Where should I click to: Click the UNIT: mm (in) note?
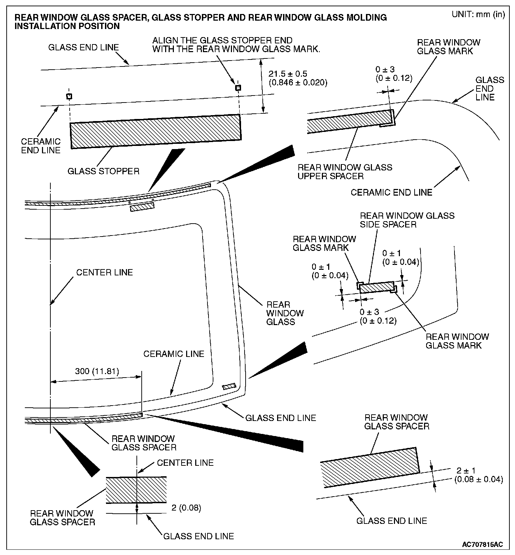click(478, 15)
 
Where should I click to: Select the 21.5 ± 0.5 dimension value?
click(288, 74)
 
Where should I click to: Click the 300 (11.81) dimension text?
click(97, 371)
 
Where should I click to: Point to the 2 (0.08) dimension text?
click(186, 508)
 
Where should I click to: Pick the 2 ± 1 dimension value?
click(466, 471)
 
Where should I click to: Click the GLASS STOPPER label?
click(103, 171)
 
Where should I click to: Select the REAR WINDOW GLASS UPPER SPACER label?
click(345, 171)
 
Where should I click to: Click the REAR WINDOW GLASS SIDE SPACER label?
click(407, 220)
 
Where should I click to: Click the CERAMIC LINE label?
click(174, 354)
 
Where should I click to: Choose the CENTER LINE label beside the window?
click(105, 272)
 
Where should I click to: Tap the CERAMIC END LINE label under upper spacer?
click(391, 192)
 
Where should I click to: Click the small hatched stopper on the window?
click(142, 208)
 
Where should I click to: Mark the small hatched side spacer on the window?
click(229, 387)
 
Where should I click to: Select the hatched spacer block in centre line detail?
click(136, 490)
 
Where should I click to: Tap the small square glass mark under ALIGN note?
click(238, 87)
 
